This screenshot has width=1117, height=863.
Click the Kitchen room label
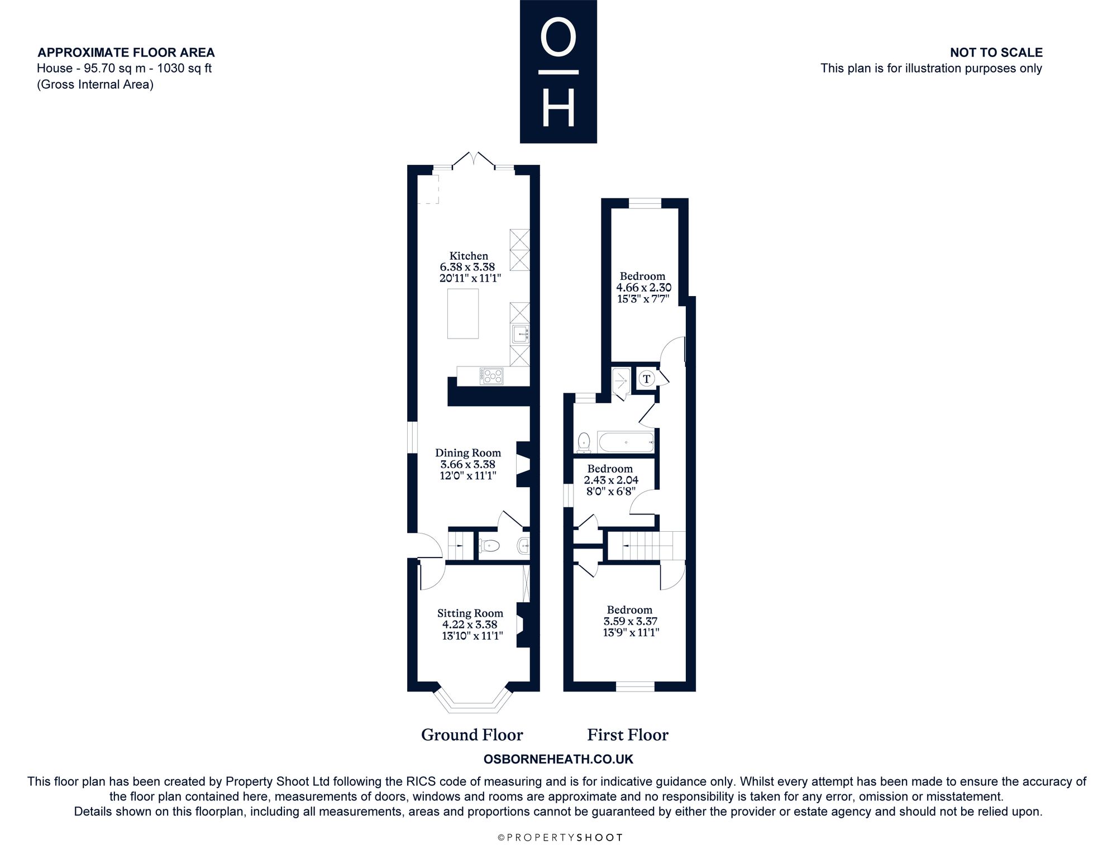[x=469, y=256]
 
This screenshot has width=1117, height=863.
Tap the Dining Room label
[x=468, y=452]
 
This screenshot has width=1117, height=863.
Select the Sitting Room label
[x=470, y=613]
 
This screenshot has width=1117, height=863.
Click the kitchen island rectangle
[x=463, y=313]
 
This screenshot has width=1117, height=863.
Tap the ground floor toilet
[x=489, y=545]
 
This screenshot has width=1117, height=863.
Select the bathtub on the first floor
[x=626, y=442]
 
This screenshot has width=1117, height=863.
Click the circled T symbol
[x=647, y=379]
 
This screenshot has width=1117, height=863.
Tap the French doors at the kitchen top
[x=474, y=160]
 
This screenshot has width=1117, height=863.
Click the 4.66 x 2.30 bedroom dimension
[x=643, y=288]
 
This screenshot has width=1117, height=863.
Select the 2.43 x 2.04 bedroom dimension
[x=611, y=480]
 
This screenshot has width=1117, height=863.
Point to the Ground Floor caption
[x=472, y=735]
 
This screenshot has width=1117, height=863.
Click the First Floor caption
[x=628, y=735]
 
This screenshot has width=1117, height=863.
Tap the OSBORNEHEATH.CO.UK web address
[x=558, y=759]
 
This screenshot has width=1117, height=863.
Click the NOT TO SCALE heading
[x=996, y=53]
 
